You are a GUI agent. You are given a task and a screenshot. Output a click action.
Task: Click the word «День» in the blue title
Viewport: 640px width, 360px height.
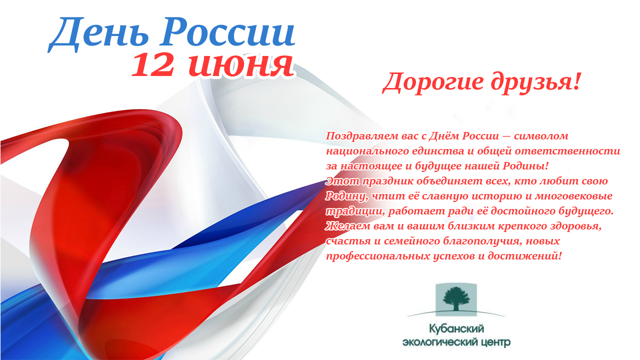(x=98, y=34)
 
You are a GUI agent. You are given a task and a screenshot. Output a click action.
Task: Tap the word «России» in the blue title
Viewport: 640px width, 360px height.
(x=227, y=32)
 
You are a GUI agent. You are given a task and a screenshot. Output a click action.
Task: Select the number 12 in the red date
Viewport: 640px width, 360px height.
(x=153, y=65)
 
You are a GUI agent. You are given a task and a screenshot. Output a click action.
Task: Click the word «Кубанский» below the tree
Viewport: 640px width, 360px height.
(x=456, y=329)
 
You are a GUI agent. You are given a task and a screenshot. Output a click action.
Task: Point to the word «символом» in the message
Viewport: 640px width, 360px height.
(x=541, y=136)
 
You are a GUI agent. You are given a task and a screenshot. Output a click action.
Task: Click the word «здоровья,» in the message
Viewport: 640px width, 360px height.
(x=575, y=226)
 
